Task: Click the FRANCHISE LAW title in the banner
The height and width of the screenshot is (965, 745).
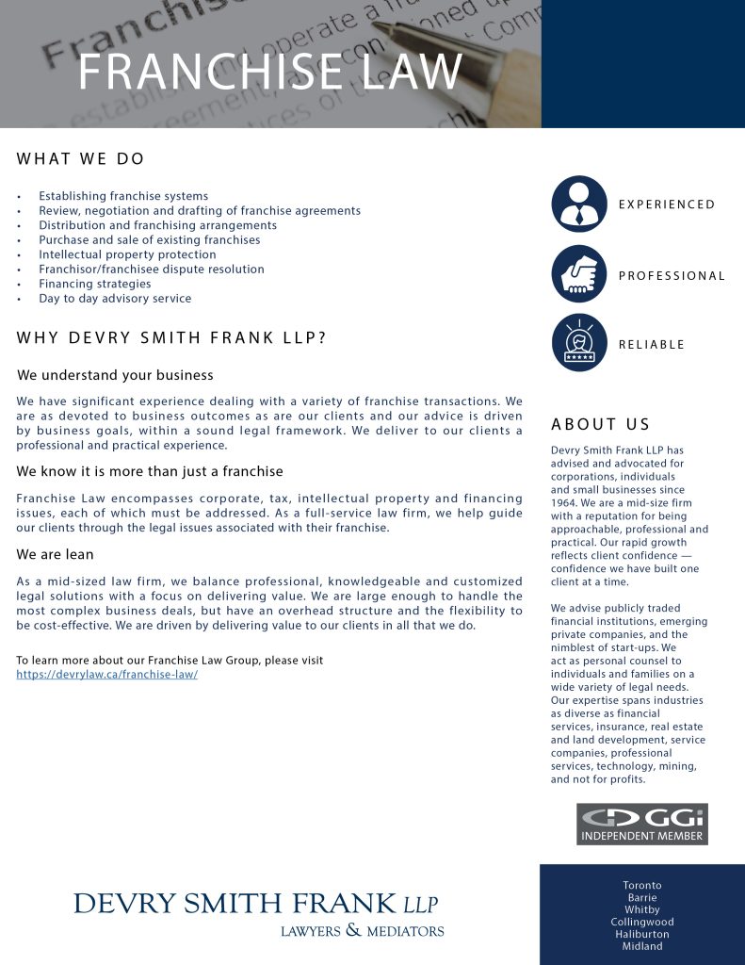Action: pos(270,72)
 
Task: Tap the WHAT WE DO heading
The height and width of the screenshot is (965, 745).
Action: pos(81,159)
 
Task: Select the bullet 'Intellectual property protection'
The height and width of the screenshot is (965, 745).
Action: pos(127,254)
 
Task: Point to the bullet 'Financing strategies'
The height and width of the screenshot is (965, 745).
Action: pos(94,284)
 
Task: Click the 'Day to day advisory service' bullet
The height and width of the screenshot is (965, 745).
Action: pos(115,299)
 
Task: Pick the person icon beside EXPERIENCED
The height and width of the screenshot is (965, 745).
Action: pos(579,204)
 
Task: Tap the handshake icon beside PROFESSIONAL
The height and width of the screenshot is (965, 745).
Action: pos(579,274)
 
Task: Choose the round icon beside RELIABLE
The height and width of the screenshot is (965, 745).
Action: pos(579,343)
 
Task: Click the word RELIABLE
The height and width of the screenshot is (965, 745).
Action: pos(652,345)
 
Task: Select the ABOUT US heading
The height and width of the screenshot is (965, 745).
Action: pos(601,424)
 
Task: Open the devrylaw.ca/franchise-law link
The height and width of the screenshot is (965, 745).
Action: pos(107,675)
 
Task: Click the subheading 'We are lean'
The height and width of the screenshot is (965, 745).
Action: pos(56,554)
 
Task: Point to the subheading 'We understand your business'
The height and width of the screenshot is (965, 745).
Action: pos(115,375)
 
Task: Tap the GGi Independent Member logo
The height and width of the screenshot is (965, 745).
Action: pos(642,824)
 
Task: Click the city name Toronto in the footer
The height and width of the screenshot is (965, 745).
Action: pos(642,886)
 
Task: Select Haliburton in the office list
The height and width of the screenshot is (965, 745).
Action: pos(642,935)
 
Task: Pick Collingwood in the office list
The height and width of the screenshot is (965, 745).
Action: pos(642,923)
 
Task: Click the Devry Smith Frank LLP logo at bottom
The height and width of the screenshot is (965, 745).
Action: pos(258,912)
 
